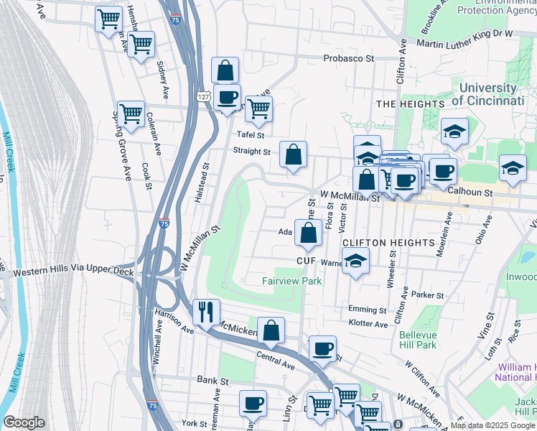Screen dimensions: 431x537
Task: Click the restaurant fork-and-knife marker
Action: tap(206, 312)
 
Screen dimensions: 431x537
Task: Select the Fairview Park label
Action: tap(291, 281)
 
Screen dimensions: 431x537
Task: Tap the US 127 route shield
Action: tap(204, 96)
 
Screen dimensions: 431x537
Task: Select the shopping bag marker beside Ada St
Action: tap(308, 233)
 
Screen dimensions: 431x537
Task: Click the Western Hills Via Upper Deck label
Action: tap(68, 274)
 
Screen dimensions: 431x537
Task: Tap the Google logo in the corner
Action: tap(24, 422)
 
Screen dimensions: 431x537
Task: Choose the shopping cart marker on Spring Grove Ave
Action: tap(131, 113)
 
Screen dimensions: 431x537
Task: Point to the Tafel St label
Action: tap(251, 134)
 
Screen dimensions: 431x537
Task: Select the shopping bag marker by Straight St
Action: tap(294, 154)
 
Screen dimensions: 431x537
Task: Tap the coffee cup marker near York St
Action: tap(253, 404)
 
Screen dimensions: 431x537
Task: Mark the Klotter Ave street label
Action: tap(368, 324)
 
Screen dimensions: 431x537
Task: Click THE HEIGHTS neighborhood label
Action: tap(411, 104)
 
